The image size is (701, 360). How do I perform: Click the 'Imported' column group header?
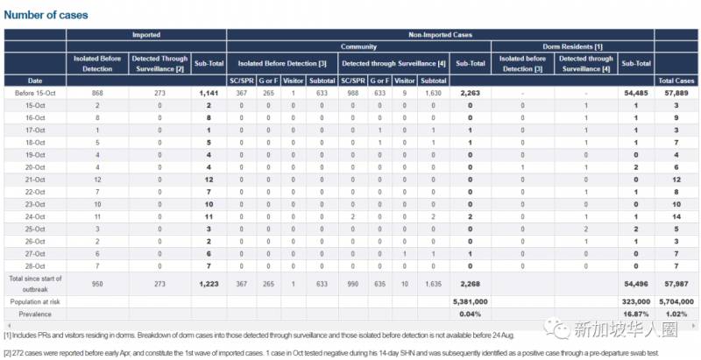click(145, 35)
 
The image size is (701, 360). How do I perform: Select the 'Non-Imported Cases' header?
click(439, 35)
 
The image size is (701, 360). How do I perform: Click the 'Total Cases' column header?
click(676, 81)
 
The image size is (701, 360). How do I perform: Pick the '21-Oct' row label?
click(34, 179)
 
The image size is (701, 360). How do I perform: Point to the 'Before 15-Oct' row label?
click(34, 93)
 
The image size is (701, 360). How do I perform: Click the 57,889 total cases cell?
click(677, 93)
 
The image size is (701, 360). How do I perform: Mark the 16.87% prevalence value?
click(633, 313)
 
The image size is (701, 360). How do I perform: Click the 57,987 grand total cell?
click(677, 283)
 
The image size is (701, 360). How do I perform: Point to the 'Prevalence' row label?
click(34, 313)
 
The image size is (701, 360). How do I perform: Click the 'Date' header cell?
click(34, 81)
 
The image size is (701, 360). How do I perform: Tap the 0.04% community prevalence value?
click(471, 313)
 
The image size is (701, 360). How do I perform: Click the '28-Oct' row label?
click(34, 265)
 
